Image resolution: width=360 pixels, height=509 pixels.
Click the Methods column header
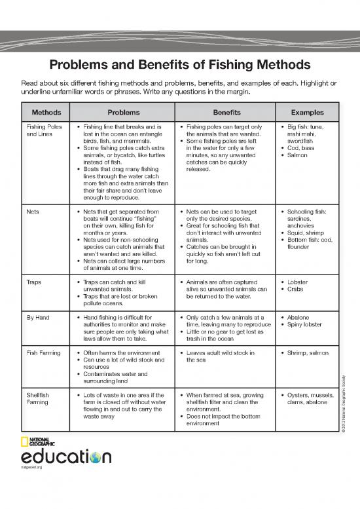pos(46,112)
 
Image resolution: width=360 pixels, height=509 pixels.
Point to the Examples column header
pos(308,112)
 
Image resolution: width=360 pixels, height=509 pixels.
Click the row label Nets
pos(32,212)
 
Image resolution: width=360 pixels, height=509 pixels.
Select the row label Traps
pos(34,282)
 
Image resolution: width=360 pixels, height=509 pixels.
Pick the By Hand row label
pos(38,317)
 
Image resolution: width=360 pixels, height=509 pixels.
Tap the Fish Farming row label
pos(45,352)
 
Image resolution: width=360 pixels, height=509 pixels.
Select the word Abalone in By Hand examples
pos(299,317)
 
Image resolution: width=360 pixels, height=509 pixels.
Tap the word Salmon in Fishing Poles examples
pos(298,155)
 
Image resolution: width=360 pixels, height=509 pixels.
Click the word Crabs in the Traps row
pos(297,289)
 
